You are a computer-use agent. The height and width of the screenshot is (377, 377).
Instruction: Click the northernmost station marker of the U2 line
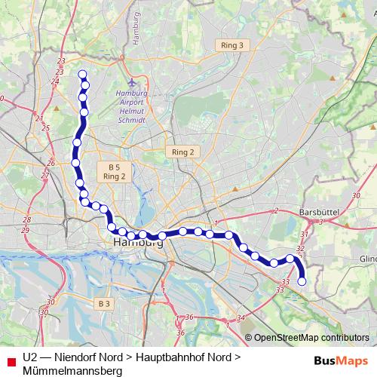(x=82, y=74)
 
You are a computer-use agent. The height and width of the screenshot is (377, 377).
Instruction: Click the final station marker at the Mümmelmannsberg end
(x=302, y=281)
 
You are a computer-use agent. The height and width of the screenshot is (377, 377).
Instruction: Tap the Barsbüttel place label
(x=321, y=212)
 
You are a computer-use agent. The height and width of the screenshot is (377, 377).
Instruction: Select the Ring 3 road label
(x=232, y=45)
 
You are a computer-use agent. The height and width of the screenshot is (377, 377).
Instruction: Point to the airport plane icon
(x=133, y=81)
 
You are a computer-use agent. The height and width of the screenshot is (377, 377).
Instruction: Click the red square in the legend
(x=10, y=358)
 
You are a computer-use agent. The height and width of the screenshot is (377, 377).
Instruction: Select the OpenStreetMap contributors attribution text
(x=311, y=338)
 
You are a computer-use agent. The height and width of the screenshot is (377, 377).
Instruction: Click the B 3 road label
(x=104, y=303)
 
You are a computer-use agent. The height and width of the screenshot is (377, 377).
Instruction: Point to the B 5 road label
(x=114, y=167)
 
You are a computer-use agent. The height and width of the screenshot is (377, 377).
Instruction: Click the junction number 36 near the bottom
(x=189, y=317)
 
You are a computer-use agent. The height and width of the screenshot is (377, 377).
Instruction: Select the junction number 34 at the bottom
(x=241, y=317)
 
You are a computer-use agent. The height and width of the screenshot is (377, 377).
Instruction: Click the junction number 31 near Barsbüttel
(x=304, y=235)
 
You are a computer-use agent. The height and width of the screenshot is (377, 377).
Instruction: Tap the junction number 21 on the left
(x=39, y=118)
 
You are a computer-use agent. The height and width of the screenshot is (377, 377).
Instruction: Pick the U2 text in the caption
(x=30, y=357)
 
